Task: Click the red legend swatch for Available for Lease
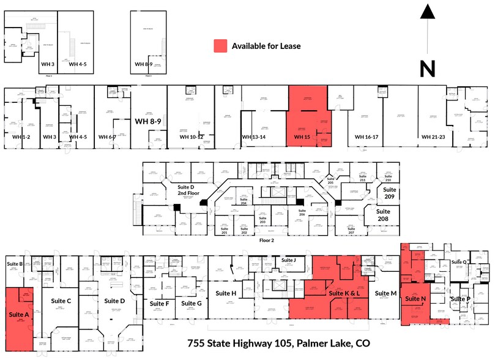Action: point(220,46)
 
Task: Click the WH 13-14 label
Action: point(254,137)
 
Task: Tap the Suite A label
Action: point(20,315)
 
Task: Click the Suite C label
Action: point(61,301)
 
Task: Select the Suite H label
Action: point(226,293)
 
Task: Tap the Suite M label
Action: point(385,293)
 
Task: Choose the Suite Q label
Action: point(460,262)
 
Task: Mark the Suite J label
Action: point(288,260)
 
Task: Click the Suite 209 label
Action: point(390,194)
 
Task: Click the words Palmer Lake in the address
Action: point(325,343)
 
